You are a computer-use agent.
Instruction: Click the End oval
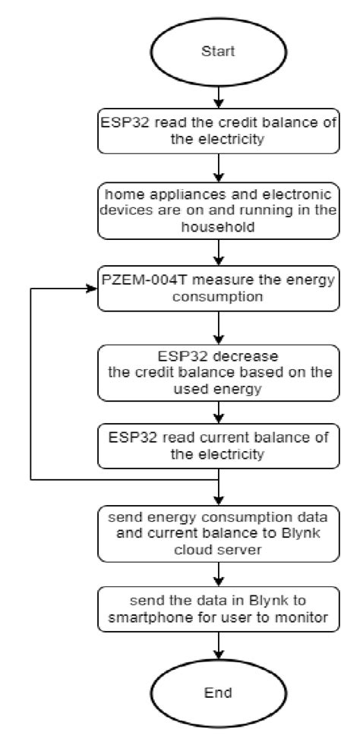(218, 693)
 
